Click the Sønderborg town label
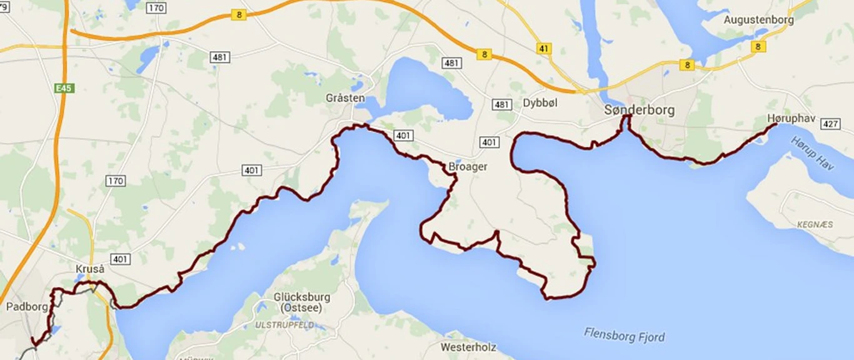click(x=639, y=110)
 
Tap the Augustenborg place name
click(x=758, y=19)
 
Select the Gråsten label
click(x=345, y=98)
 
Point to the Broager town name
click(x=468, y=167)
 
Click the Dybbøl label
click(x=540, y=102)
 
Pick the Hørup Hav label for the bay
click(x=812, y=153)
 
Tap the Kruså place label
click(x=89, y=269)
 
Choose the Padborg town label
click(x=27, y=307)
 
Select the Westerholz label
click(x=468, y=346)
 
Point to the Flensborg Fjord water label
click(x=625, y=334)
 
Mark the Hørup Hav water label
click(x=812, y=153)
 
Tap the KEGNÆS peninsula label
click(x=815, y=224)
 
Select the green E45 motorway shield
click(x=64, y=89)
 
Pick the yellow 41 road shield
click(x=544, y=48)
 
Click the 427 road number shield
click(x=830, y=124)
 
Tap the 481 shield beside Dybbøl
click(x=501, y=104)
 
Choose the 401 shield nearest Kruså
click(x=120, y=259)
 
